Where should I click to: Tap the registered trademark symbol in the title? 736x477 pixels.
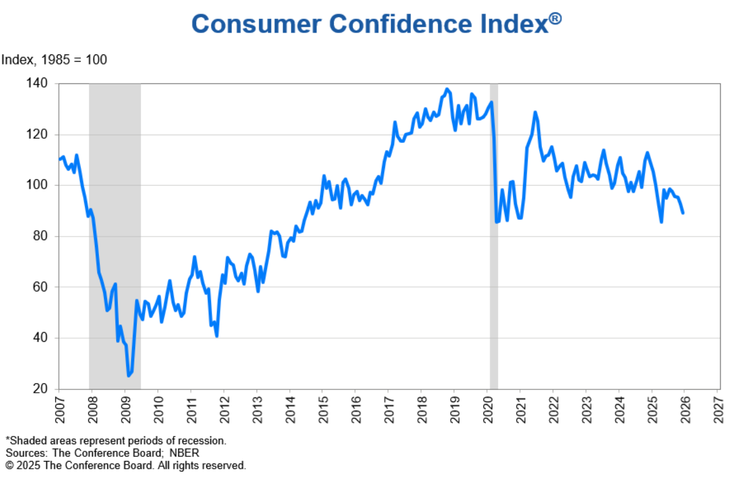555,19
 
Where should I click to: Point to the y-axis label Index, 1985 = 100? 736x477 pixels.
54,60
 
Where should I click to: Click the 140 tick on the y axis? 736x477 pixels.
36,83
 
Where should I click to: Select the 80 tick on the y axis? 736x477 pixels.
39,236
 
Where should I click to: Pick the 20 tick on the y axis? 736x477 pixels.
39,389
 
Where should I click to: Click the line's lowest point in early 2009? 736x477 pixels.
128,376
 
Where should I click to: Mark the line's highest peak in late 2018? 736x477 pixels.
447,89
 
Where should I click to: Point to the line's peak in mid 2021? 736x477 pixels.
535,112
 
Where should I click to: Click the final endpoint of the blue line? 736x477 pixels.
683,213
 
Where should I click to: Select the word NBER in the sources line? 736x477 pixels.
184,453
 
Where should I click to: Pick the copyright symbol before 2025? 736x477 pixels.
9,466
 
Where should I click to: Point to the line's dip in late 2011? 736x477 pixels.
217,336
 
